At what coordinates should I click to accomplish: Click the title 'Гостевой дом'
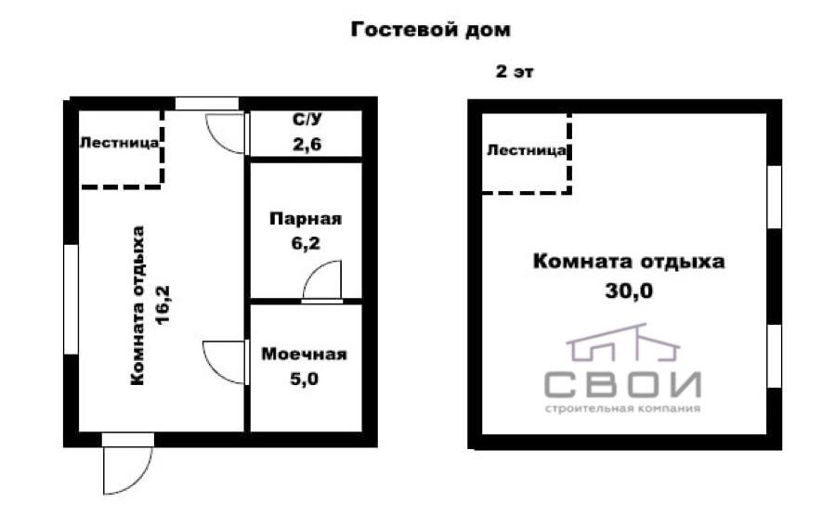(x=430, y=30)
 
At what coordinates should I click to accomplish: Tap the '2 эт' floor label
(x=516, y=72)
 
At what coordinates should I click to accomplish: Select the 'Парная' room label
(x=306, y=220)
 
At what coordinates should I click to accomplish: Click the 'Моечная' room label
(x=304, y=354)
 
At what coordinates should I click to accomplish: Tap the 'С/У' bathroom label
(x=306, y=120)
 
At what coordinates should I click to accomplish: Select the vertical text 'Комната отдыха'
(x=138, y=304)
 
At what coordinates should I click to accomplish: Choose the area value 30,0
(x=629, y=290)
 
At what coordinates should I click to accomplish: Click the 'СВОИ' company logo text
(x=622, y=382)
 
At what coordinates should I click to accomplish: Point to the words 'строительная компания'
(x=622, y=408)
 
